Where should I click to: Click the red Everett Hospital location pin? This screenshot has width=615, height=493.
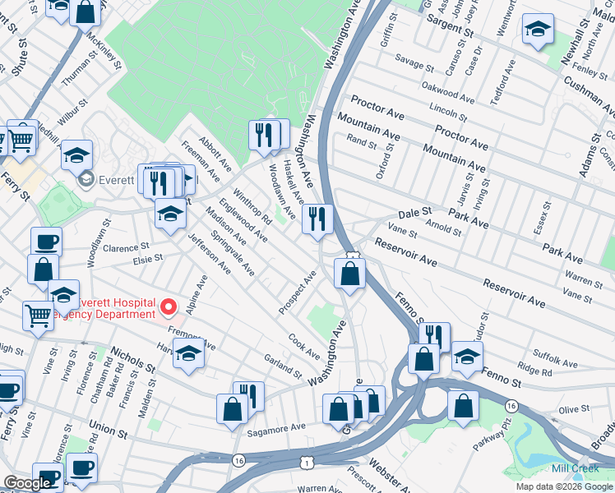169,307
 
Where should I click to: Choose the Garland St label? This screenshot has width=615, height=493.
283,366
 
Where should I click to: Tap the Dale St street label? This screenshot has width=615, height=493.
415,211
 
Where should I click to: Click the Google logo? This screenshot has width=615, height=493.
27,484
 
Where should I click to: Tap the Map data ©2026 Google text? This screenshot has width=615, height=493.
564,486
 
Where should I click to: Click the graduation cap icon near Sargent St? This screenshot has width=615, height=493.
538,30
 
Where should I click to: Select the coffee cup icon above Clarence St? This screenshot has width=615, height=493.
46,242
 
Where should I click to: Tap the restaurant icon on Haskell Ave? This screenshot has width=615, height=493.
317,219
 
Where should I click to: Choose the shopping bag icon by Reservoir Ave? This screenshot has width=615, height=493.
350,274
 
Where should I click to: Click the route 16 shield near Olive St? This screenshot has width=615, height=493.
511,407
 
